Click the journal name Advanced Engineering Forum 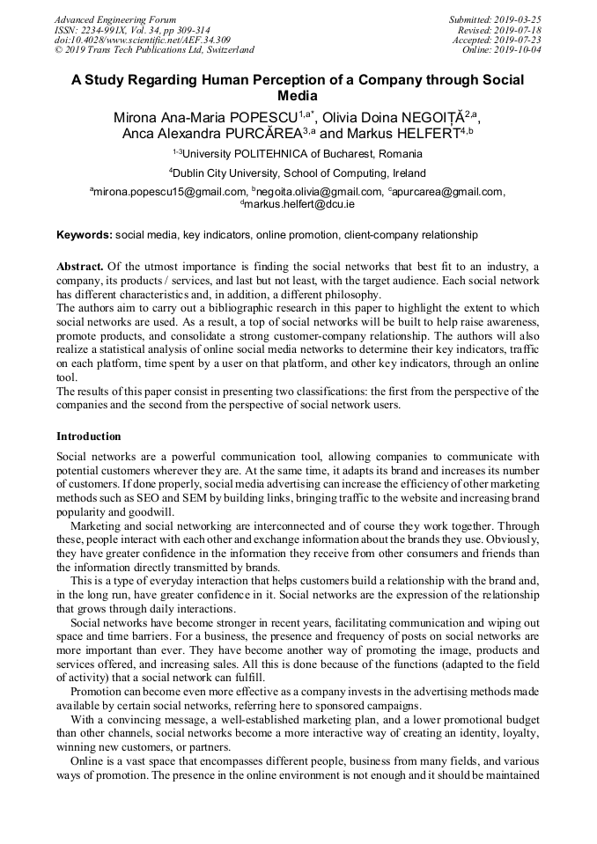click(x=115, y=19)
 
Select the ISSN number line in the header click(x=132, y=30)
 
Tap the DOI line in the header click(x=143, y=40)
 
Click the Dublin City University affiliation click(x=298, y=173)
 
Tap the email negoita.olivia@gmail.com click(x=319, y=192)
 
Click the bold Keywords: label click(x=85, y=235)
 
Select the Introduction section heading click(x=89, y=436)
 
